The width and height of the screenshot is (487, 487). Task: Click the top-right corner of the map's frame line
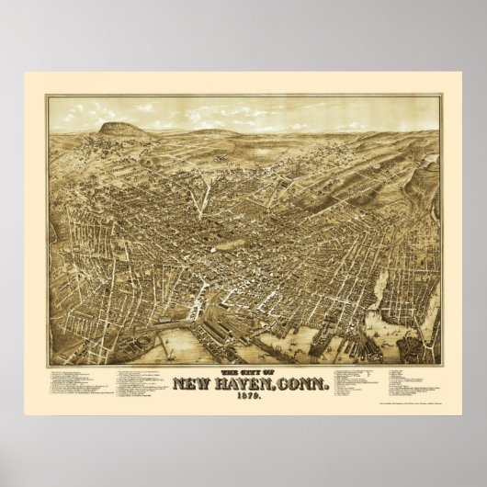point(439,95)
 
